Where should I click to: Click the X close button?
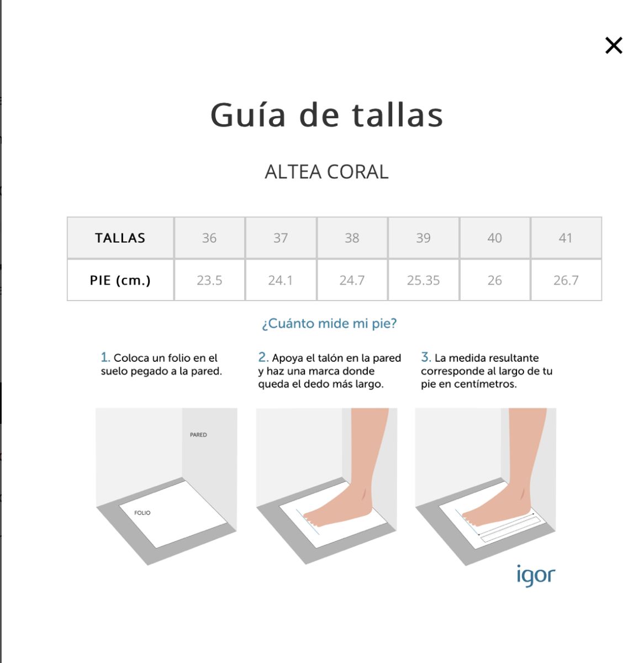point(614,46)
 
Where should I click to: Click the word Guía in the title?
point(248,115)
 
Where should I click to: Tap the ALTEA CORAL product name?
point(326,172)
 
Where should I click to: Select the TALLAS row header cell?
point(120,238)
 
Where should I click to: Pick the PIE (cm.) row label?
point(120,280)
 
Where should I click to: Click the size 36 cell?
point(209,238)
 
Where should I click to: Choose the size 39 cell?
point(423,238)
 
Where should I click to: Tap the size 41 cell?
point(566,238)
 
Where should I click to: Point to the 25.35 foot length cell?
point(423,280)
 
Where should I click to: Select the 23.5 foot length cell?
point(209,280)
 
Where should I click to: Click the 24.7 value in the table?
point(352,281)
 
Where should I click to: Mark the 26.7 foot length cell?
point(566,280)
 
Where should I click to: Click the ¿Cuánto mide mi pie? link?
point(329,323)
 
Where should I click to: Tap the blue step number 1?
point(105,357)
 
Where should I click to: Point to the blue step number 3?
point(426,357)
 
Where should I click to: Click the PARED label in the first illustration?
point(198,435)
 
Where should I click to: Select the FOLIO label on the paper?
point(142,513)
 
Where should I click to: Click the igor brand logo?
point(536,576)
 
